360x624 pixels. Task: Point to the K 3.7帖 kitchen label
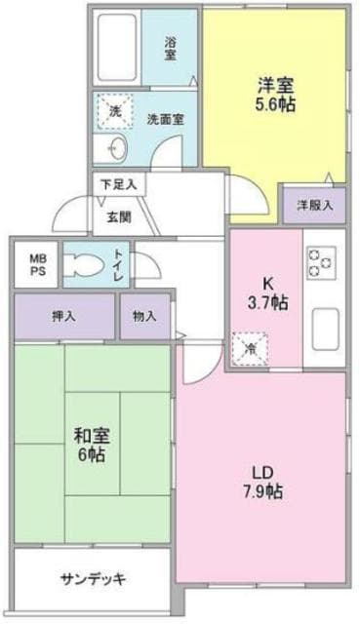pos(265,292)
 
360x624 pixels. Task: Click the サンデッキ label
pos(93,578)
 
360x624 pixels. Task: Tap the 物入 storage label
pos(145,316)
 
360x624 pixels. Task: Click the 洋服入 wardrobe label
pos(314,205)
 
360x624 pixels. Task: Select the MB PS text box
pos(37,264)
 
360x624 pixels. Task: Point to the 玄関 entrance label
pos(106,216)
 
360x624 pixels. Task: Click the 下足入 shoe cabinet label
pos(117,182)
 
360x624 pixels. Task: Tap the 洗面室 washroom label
pos(166,119)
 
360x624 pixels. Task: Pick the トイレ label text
pos(118,263)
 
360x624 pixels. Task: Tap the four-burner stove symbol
pos(322,260)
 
